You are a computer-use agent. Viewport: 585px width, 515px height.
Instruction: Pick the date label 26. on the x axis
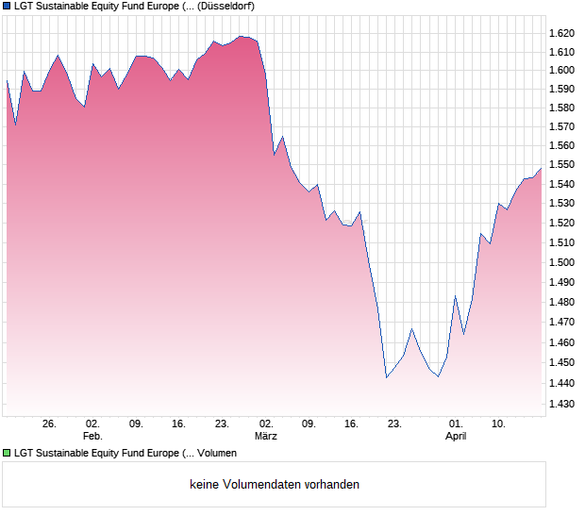[50, 424]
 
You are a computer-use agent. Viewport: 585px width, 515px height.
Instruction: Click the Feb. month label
[92, 436]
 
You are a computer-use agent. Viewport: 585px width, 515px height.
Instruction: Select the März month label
[266, 436]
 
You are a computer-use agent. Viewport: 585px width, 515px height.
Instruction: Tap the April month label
[456, 436]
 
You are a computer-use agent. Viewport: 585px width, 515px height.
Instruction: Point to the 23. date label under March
[395, 424]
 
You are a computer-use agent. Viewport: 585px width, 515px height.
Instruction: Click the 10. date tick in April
[500, 424]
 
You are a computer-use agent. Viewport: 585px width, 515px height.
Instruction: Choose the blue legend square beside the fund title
[8, 6]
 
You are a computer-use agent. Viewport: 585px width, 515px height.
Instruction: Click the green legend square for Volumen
[8, 454]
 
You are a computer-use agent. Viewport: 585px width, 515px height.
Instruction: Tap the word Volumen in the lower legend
[217, 454]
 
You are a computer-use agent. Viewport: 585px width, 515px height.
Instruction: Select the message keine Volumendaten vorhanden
[275, 485]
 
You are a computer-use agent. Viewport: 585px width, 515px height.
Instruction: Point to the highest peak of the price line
[242, 36]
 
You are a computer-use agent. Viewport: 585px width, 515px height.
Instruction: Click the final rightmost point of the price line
[542, 168]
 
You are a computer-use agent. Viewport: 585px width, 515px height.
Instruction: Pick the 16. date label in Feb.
[179, 424]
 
